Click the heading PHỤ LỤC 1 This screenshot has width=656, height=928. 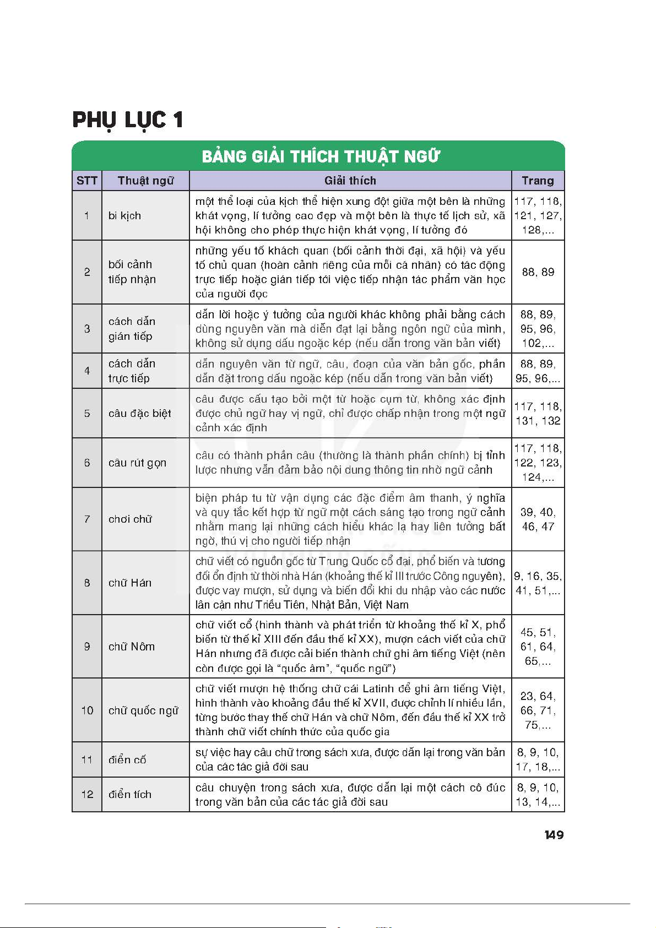128,120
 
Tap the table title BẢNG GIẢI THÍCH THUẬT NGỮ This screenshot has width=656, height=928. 321,157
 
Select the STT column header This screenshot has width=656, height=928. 87,181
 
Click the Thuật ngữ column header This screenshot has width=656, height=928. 145,181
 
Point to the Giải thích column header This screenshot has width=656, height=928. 350,181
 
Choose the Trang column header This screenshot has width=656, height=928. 538,181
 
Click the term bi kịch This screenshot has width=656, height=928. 124,216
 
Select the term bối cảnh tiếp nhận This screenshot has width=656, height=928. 132,272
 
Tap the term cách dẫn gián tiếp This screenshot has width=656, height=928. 132,329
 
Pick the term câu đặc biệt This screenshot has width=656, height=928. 139,414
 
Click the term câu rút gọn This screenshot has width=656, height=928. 137,463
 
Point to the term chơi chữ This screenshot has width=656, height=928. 130,519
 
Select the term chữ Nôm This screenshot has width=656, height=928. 132,647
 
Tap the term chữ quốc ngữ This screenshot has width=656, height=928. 143,710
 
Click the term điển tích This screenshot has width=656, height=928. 130,795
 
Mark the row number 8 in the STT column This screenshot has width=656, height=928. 87,583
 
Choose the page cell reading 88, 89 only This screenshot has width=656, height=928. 538,272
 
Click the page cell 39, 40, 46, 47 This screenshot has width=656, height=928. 538,519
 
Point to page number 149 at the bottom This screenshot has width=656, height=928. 554,835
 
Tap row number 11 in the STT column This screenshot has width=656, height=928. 87,760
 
